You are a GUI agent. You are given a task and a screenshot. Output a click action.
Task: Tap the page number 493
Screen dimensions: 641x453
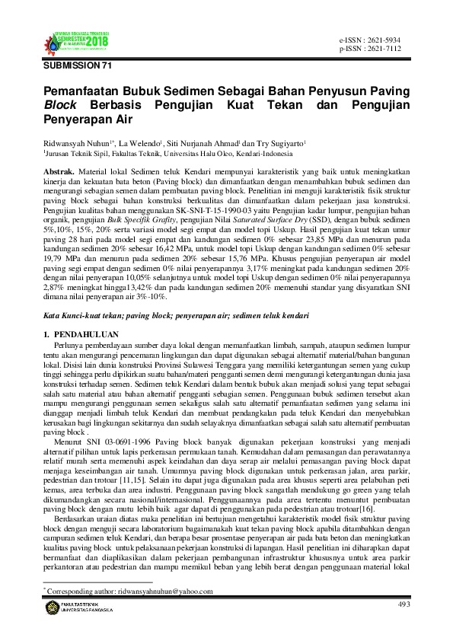point(404,604)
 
